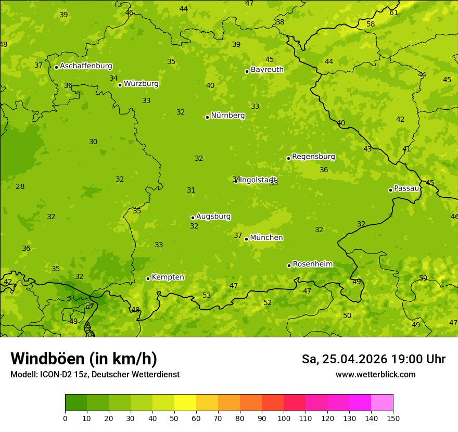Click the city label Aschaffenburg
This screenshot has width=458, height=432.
click(86, 66)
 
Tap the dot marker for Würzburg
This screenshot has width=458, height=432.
click(120, 85)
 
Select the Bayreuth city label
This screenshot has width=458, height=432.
click(267, 69)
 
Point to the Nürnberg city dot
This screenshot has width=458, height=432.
click(207, 117)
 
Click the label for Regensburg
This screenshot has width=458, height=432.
click(313, 157)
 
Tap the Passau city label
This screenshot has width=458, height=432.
click(406, 188)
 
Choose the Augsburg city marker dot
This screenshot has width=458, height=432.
click(193, 218)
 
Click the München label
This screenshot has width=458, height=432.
click(266, 238)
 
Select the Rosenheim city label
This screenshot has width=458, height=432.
click(312, 264)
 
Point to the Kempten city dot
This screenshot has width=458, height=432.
click(148, 278)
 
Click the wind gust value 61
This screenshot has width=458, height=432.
click(393, 12)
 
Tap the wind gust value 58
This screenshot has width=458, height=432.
click(371, 24)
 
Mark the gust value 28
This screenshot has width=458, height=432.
click(20, 186)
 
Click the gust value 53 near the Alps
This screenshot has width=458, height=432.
click(207, 296)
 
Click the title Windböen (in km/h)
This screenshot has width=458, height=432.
click(84, 359)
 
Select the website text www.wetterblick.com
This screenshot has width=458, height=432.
click(375, 374)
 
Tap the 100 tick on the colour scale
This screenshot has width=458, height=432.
click(284, 417)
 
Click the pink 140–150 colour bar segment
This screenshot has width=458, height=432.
click(382, 403)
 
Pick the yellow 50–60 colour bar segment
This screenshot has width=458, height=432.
click(185, 403)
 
